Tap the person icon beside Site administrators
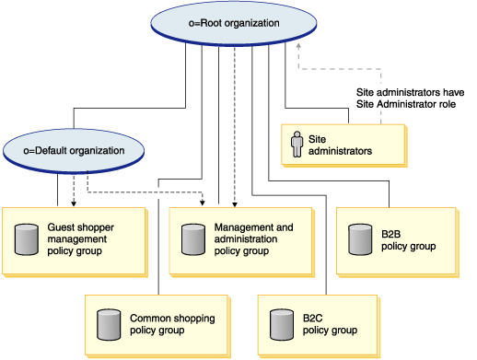coord(297,144)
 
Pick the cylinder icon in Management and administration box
coord(192,238)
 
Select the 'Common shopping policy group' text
coord(172,324)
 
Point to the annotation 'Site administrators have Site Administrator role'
coord(410,99)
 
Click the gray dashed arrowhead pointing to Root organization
coord(298,47)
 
